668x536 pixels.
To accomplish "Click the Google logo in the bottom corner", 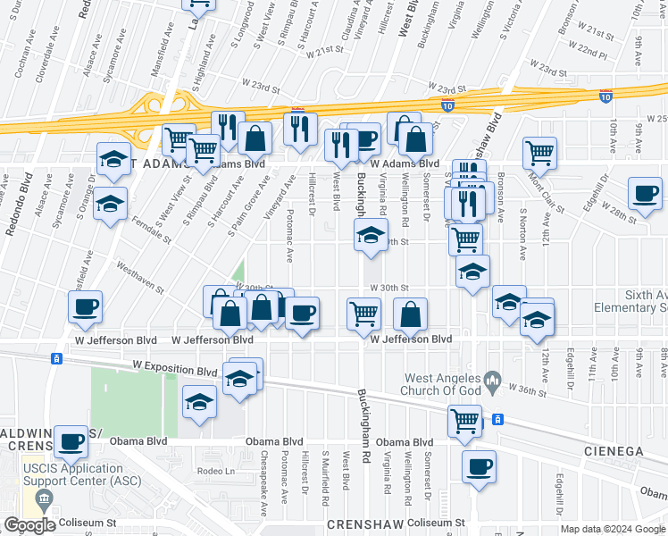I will [x=29, y=525].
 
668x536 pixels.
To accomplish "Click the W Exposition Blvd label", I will [x=175, y=367].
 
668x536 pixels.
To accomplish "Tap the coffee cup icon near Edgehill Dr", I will [x=645, y=192].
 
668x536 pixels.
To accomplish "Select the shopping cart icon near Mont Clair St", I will [x=539, y=152].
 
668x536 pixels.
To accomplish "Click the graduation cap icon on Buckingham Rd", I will [x=371, y=236].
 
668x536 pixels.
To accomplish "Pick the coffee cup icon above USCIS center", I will [x=71, y=440].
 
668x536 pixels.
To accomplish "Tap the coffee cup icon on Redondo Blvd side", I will [x=86, y=306].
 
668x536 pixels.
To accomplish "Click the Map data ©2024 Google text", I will [x=613, y=529].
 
